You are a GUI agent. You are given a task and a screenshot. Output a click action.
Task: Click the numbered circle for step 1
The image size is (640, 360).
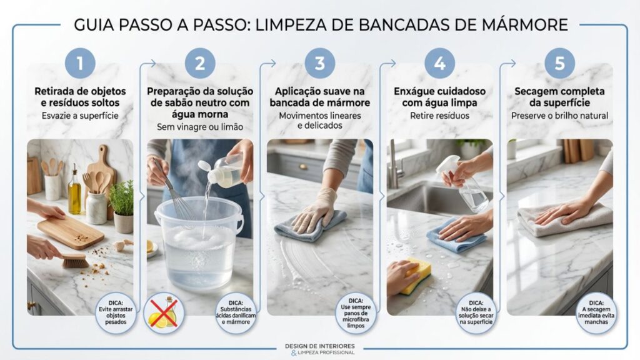click(80, 63)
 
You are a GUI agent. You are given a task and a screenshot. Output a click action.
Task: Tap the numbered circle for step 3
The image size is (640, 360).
click(319, 63)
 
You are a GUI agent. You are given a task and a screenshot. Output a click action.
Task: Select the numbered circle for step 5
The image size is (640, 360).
click(559, 63)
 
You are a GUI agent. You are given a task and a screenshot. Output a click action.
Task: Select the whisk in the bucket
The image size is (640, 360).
click(174, 192)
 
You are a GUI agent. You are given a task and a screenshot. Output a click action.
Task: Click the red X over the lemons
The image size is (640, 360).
click(164, 313)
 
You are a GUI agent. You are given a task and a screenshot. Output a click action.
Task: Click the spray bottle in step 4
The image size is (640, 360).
click(464, 184)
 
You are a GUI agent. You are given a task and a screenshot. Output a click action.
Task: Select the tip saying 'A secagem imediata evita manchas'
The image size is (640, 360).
click(596, 312)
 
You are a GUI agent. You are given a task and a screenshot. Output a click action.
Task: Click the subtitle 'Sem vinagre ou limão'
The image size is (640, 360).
click(200, 127)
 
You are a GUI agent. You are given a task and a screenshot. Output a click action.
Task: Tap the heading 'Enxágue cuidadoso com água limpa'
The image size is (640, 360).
click(439, 97)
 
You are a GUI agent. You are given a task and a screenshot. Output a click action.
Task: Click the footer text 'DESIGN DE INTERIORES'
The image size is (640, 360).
click(320, 346)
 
